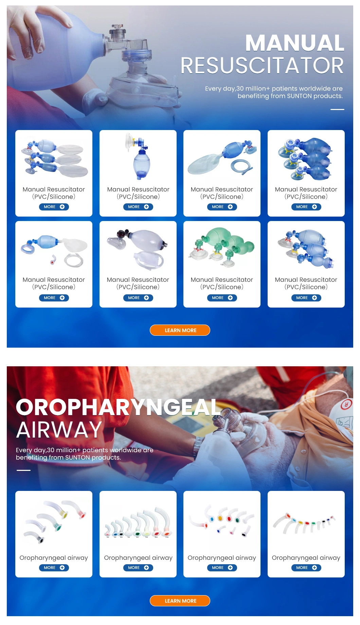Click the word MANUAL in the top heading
click(x=295, y=43)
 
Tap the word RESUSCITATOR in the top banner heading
click(x=262, y=66)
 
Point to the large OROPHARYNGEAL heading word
click(x=118, y=407)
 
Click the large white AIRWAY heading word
click(x=59, y=430)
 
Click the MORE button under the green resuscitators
click(x=222, y=298)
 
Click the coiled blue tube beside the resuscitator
click(x=242, y=167)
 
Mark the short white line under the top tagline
click(x=337, y=109)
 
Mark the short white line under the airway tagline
click(x=23, y=470)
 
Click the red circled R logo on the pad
click(x=346, y=404)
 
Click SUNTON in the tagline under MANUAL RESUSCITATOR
click(x=299, y=96)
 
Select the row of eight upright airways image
click(x=138, y=523)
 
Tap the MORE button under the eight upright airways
click(x=138, y=568)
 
